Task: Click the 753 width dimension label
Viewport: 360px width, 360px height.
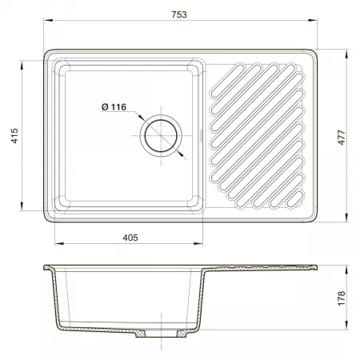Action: [x=179, y=14]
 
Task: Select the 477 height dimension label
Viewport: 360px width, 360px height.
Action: [x=342, y=138]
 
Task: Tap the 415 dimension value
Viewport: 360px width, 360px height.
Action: [x=14, y=136]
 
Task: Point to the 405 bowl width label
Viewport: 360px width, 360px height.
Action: [x=130, y=238]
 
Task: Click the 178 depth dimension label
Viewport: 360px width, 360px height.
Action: [x=342, y=298]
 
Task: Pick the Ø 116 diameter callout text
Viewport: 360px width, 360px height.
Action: [x=114, y=107]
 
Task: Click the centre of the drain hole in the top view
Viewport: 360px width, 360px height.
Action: [x=161, y=136]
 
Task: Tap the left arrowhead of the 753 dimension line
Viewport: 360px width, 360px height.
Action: [x=48, y=20]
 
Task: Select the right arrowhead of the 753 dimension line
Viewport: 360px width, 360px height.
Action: [x=313, y=20]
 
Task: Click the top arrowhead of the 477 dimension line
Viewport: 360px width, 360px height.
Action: [x=346, y=54]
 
